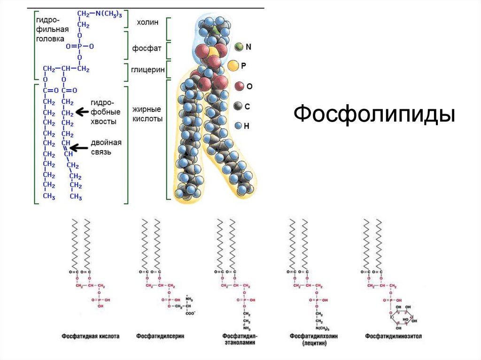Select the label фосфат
(148, 48)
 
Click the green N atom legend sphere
(239, 47)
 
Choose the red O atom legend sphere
(239, 86)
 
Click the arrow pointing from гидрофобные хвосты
(83, 112)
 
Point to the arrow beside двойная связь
(82, 147)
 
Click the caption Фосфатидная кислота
(90, 337)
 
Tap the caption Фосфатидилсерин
(160, 337)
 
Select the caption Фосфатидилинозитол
(394, 337)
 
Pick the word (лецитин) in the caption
(314, 344)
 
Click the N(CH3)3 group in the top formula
(106, 15)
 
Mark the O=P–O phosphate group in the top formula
(80, 46)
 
